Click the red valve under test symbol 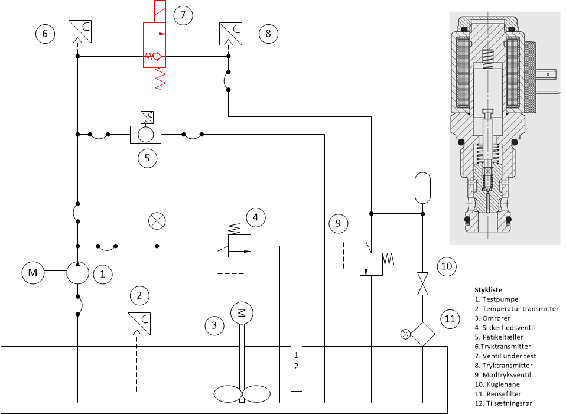pyautogui.click(x=155, y=45)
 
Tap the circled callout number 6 pyautogui.click(x=45, y=34)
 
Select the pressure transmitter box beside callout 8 pyautogui.click(x=230, y=34)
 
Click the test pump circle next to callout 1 pyautogui.click(x=77, y=273)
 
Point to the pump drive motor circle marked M pyautogui.click(x=33, y=272)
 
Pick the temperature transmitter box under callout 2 pyautogui.click(x=139, y=324)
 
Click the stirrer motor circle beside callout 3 pyautogui.click(x=242, y=313)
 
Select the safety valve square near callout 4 pyautogui.click(x=240, y=246)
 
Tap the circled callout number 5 pyautogui.click(x=147, y=158)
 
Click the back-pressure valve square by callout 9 pyautogui.click(x=371, y=264)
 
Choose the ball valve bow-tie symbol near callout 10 pyautogui.click(x=422, y=283)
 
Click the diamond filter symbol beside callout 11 pyautogui.click(x=422, y=334)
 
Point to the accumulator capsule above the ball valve pyautogui.click(x=422, y=188)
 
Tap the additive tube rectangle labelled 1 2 pyautogui.click(x=297, y=361)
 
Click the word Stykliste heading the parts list pyautogui.click(x=488, y=289)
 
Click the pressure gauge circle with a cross pyautogui.click(x=157, y=221)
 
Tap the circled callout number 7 pyautogui.click(x=183, y=15)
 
